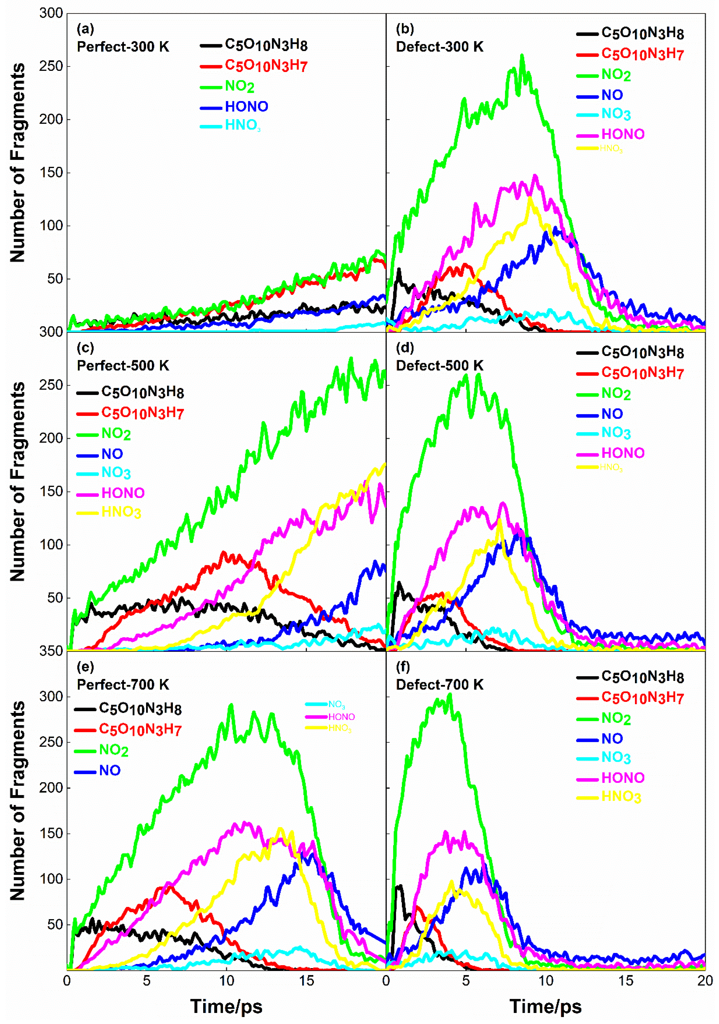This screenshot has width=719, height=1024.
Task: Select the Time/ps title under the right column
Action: point(545,1006)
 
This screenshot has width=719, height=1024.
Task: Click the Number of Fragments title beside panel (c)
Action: point(18,482)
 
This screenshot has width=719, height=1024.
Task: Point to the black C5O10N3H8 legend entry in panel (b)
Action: point(642,33)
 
